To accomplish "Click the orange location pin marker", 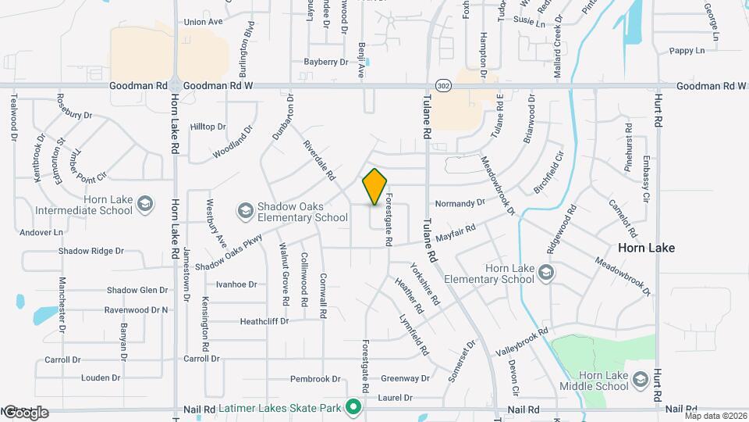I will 375,187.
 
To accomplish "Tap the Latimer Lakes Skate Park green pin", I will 353,407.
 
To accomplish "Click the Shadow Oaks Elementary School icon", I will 246,212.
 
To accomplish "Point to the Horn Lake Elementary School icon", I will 545,273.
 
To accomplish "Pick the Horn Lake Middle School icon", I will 641,379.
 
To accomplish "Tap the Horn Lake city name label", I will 646,247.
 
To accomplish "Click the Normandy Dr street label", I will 460,203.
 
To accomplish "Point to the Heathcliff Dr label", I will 264,321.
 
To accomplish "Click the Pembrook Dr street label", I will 316,379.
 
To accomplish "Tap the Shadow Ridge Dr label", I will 91,252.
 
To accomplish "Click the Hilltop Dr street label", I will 208,126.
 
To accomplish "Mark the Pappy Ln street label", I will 687,51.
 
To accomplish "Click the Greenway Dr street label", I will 406,379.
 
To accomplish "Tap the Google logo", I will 25,412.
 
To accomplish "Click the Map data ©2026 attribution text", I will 713,416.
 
